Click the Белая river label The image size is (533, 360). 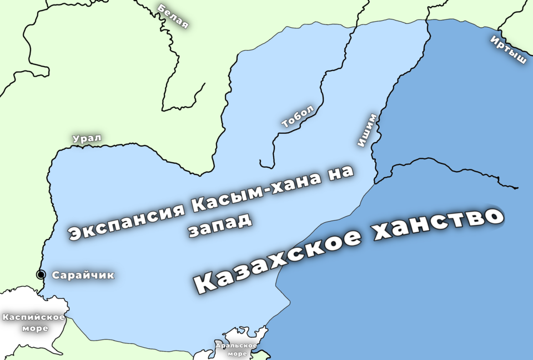click(x=173, y=16)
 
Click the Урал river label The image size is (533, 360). click(x=88, y=138)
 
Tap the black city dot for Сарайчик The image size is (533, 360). click(x=41, y=274)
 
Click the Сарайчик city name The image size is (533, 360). click(x=83, y=275)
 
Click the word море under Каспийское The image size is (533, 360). click(x=34, y=328)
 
